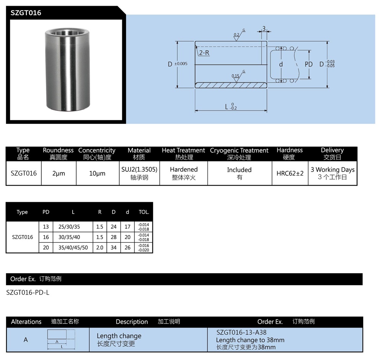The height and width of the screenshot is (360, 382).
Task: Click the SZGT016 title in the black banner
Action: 26,13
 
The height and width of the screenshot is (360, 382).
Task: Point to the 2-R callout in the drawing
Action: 204,53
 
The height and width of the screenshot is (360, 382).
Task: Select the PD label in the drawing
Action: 308,65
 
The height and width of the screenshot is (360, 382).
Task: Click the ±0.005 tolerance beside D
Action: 181,64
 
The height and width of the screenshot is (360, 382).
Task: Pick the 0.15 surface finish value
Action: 235,76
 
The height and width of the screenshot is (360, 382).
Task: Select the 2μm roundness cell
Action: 58,174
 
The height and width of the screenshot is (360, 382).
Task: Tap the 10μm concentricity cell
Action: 97,174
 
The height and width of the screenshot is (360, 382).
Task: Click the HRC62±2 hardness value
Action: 290,173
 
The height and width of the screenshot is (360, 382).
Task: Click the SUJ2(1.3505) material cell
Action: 139,169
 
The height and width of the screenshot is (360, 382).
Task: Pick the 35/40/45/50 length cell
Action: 73,248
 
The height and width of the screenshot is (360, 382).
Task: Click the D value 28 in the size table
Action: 113,237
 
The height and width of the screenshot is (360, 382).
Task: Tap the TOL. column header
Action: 144,212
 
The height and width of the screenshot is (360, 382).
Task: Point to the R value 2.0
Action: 100,248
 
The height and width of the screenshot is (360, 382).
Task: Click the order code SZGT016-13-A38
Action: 241,332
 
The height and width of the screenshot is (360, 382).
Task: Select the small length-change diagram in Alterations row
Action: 61,339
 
